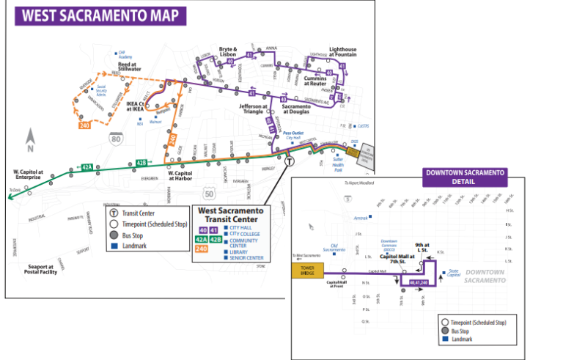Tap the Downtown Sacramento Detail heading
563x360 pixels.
pos(464,176)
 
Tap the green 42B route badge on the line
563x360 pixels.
pos(142,163)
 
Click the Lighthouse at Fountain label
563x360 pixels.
pos(342,52)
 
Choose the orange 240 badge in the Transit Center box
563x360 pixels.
pos(201,249)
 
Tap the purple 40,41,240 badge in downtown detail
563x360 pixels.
pos(419,282)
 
